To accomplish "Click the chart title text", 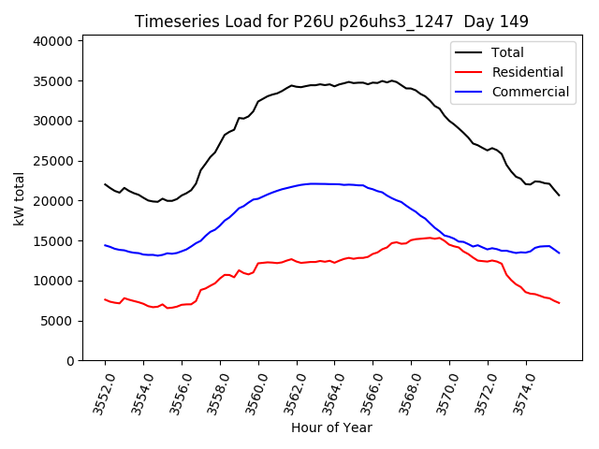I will (331, 22).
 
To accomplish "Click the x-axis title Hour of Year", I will (331, 427).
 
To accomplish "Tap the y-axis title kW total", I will (20, 198).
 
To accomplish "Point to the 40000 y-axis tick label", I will (54, 41).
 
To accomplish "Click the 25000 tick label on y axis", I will (54, 161).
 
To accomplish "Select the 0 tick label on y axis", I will (69, 361).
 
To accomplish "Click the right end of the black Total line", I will (560, 195).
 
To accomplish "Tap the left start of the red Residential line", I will (105, 299).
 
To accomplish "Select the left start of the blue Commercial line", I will (105, 245).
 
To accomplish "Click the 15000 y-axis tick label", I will (54, 241).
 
